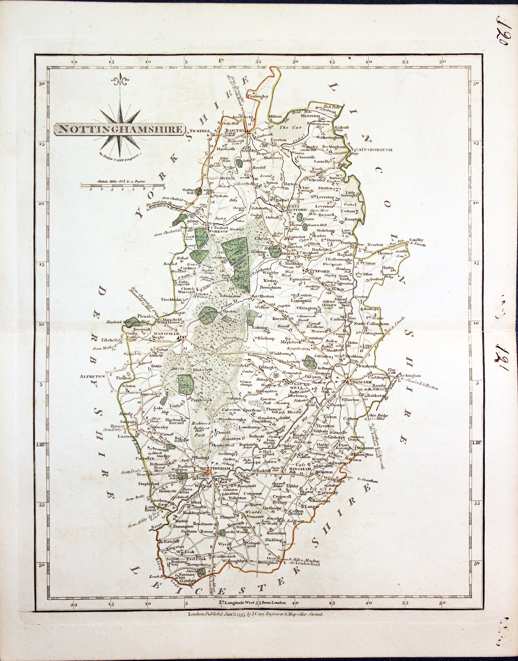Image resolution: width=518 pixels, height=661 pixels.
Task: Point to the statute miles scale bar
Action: coord(123,185)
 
